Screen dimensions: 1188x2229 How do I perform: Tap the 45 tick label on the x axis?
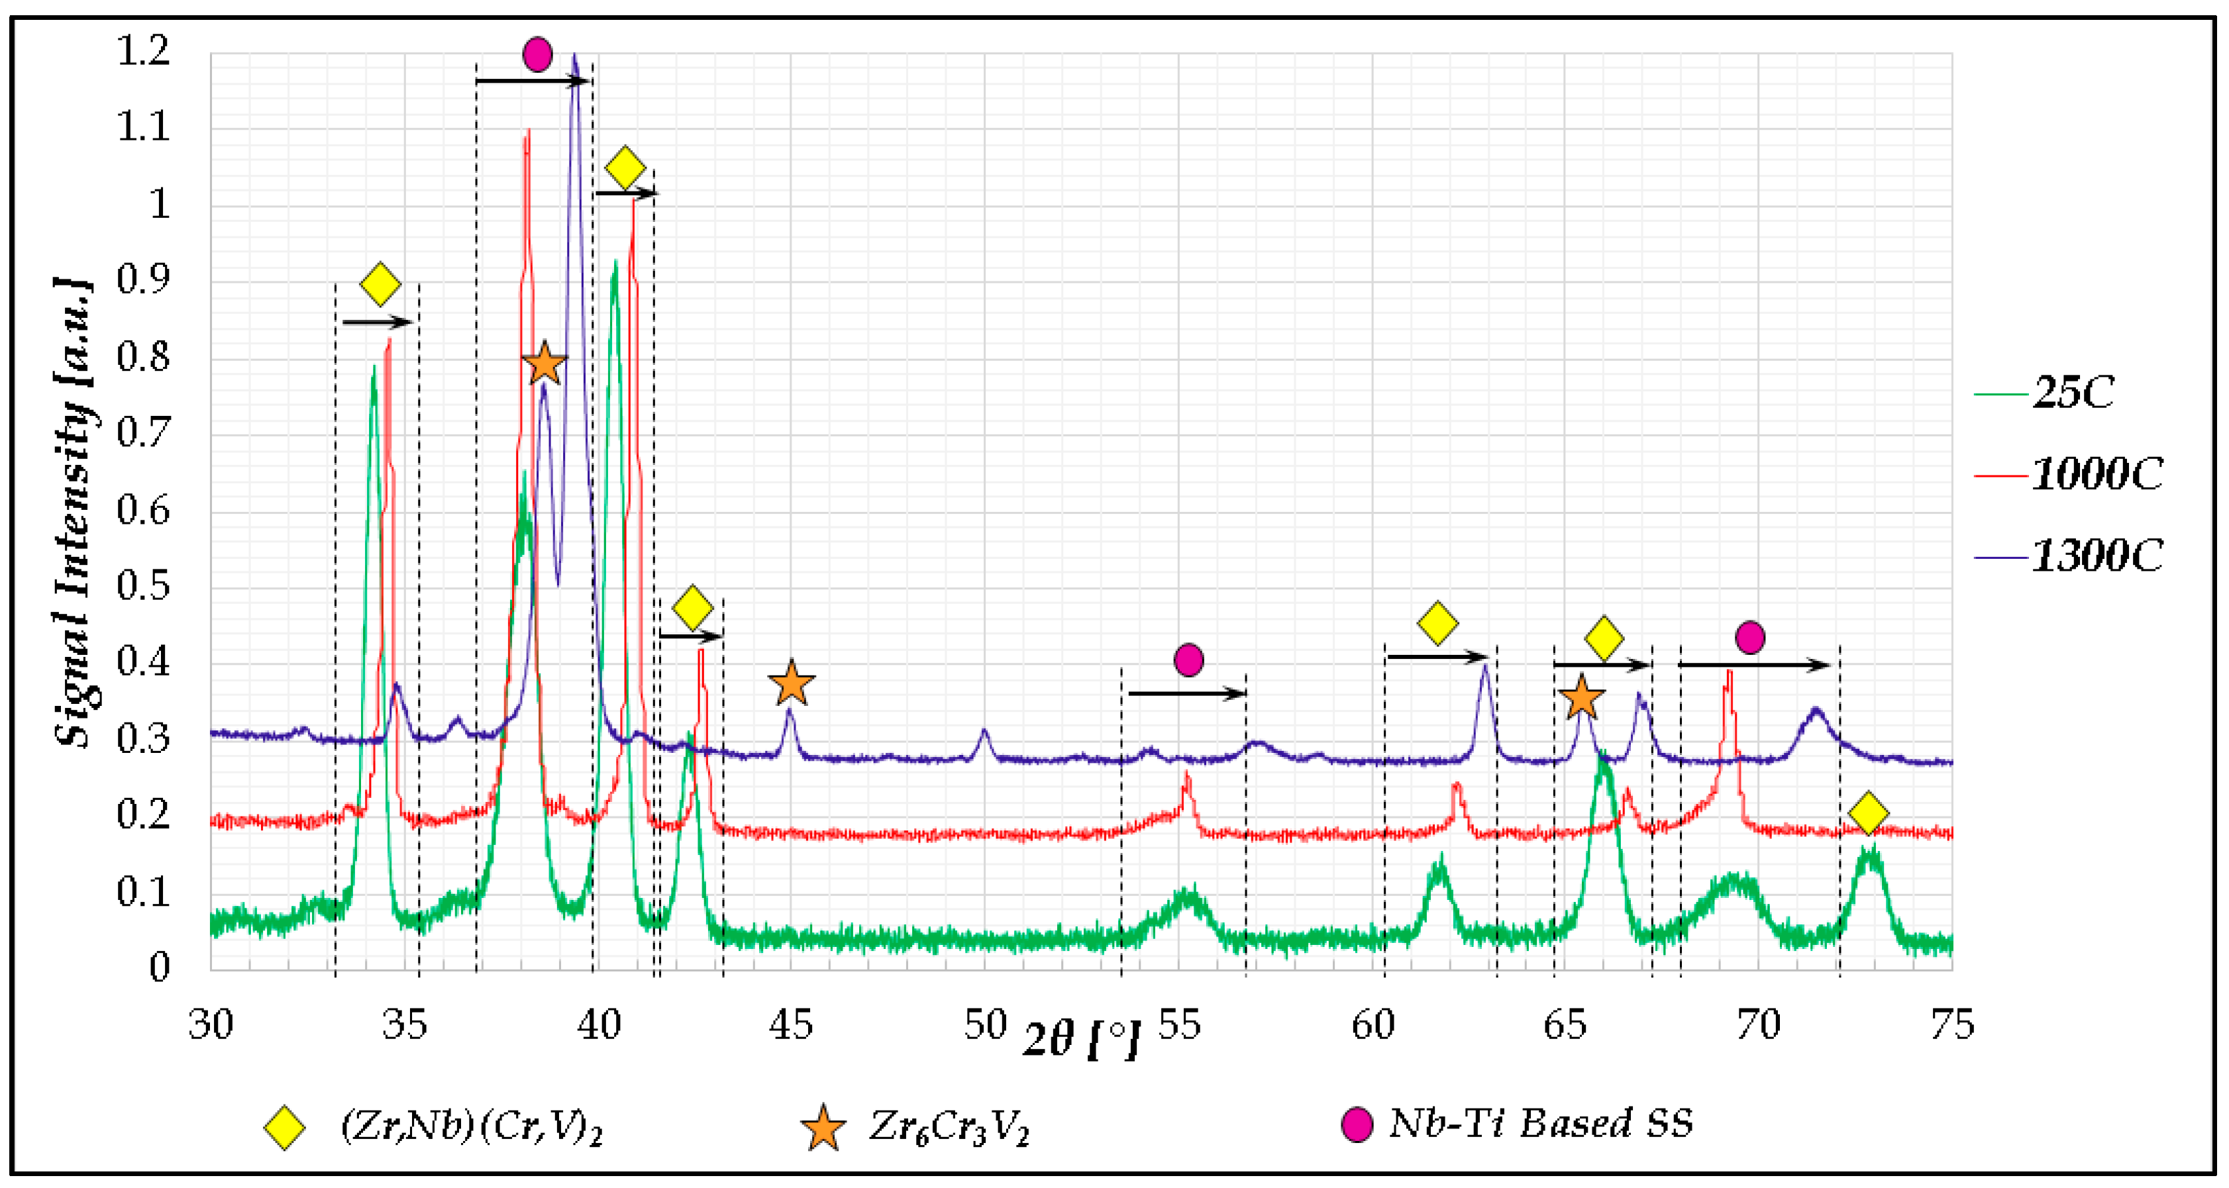(791, 1025)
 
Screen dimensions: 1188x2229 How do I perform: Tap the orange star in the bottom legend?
(822, 1128)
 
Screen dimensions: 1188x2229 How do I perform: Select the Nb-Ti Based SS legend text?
(1540, 1124)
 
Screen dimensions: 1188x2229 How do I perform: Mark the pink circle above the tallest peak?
(537, 54)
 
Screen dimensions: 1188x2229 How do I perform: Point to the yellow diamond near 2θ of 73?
(1868, 813)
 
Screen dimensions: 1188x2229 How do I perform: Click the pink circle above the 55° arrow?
(1189, 660)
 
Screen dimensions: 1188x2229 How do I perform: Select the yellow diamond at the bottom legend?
(285, 1128)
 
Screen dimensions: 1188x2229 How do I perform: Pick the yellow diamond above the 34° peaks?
(380, 283)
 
